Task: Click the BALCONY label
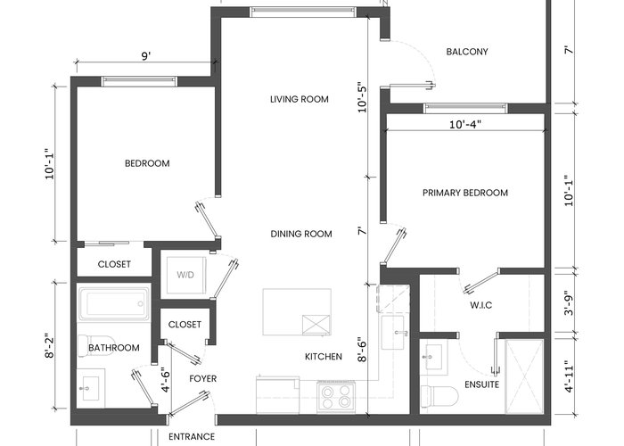(x=467, y=52)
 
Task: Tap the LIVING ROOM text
(x=300, y=99)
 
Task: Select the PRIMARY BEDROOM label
(x=465, y=193)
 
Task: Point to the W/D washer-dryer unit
(x=186, y=275)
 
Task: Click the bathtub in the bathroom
(x=114, y=303)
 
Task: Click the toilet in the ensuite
(x=439, y=396)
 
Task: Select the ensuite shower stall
(x=524, y=376)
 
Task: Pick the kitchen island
(x=297, y=312)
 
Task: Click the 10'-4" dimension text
(x=465, y=125)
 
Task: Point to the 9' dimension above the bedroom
(x=146, y=56)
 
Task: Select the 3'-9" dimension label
(x=570, y=302)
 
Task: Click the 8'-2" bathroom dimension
(x=49, y=346)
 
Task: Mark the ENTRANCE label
(x=192, y=437)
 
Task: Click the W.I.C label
(x=480, y=305)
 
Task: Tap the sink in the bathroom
(x=90, y=388)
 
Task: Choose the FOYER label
(x=203, y=379)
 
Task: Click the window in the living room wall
(x=303, y=12)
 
